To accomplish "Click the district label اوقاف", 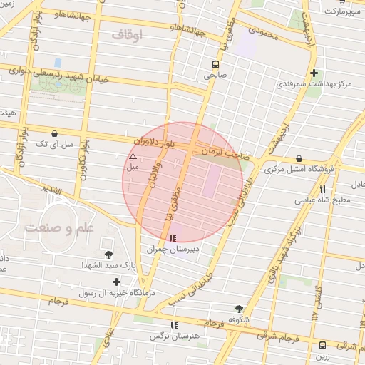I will tap(128, 34).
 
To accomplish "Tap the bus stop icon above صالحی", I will tap(215, 62).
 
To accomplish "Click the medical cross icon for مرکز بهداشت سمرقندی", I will tap(314, 73).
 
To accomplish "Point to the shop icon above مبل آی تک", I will tap(55, 133).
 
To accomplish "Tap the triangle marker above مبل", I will tap(132, 156).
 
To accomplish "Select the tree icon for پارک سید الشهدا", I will tap(108, 255).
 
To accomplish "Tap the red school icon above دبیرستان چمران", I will tap(172, 238).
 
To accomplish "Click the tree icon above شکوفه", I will tap(239, 309).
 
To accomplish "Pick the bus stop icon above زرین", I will tap(322, 345).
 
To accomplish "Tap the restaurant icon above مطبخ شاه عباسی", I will tap(323, 189).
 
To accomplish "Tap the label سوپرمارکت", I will tap(343, 11).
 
